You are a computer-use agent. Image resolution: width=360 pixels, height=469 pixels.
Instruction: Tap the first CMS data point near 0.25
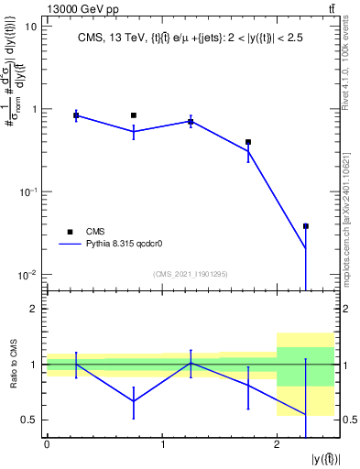point(76,115)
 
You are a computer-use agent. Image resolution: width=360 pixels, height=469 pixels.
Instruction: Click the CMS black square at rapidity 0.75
point(134,115)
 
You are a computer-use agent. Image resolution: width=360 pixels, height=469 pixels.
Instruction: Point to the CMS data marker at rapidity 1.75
point(248,142)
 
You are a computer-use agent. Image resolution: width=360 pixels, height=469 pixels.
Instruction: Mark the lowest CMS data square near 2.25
point(306,226)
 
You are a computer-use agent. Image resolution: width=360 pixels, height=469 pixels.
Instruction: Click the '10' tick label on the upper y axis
point(29,27)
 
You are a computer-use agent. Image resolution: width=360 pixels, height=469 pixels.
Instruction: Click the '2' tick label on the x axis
point(277,445)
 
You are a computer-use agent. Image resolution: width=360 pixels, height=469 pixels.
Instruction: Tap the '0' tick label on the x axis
point(47,445)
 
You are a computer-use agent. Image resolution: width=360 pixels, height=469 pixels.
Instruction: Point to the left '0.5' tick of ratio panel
point(29,420)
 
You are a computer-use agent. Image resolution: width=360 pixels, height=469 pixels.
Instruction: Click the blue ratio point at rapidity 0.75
point(134,401)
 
